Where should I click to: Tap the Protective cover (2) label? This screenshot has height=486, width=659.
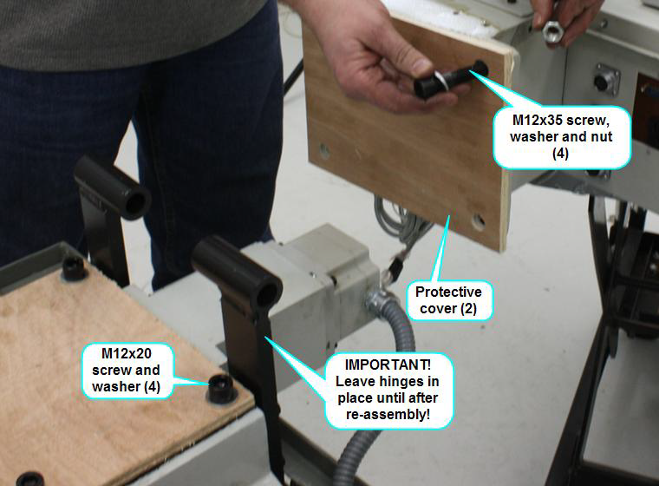(448, 299)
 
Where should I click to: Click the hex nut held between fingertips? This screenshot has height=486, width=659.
(552, 35)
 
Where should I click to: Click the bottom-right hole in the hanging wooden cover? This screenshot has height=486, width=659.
(478, 222)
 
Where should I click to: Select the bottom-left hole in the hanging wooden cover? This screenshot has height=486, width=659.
(324, 150)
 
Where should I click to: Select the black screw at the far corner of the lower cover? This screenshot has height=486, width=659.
(74, 266)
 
